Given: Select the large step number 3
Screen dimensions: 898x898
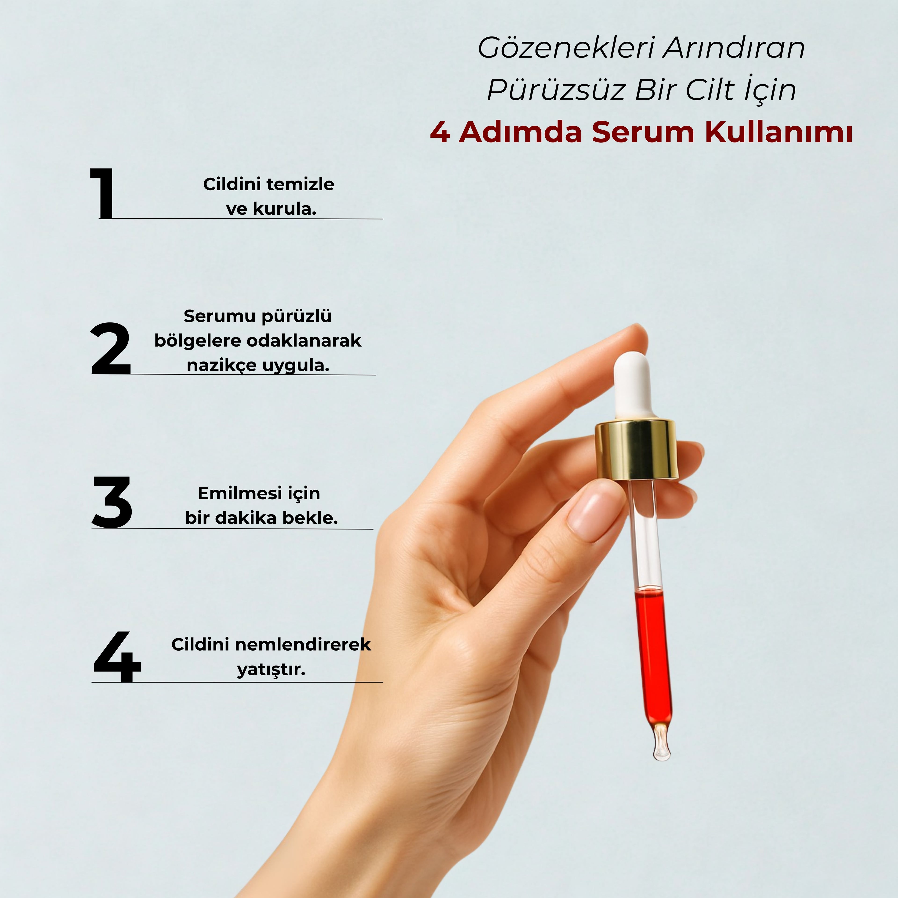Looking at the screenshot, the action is coord(112,502).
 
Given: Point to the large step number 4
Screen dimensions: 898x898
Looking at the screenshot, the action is coord(116,657).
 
